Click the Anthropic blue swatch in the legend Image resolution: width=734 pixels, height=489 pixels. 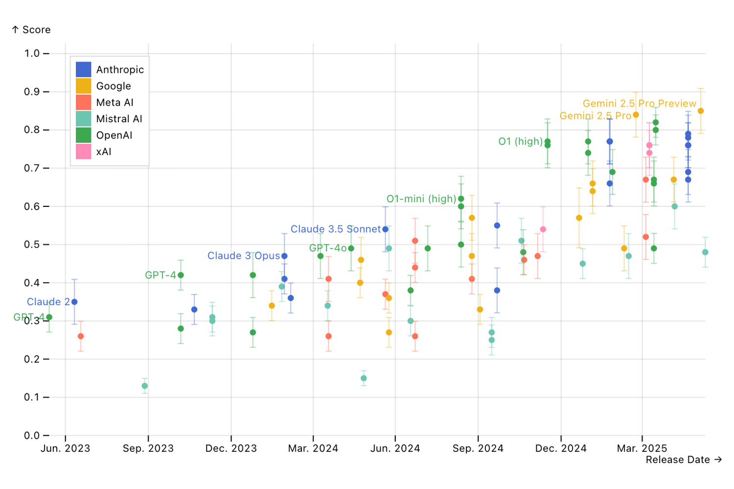tap(83, 69)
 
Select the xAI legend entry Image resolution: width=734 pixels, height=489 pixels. tap(103, 152)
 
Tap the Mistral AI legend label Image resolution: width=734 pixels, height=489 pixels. tap(119, 119)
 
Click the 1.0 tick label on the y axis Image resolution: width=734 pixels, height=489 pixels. tap(32, 53)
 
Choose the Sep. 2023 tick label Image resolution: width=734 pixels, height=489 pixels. tap(148, 448)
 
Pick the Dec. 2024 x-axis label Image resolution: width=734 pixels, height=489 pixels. tap(561, 448)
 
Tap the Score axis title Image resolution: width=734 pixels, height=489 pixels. tap(31, 30)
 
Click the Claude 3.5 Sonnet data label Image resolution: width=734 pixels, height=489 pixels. tap(335, 229)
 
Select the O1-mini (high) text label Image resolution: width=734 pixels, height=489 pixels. tap(421, 199)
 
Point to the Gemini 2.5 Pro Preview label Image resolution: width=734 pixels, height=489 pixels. tap(639, 104)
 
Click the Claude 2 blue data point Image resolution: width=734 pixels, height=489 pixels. tap(74, 302)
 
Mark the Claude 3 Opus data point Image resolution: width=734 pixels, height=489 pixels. tap(284, 256)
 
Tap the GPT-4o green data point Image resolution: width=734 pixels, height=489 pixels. tap(351, 248)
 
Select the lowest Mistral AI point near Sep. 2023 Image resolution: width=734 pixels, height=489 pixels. tap(145, 386)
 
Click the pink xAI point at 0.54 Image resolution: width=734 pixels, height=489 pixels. tap(543, 229)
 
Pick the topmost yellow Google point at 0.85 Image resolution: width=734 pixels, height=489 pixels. tap(701, 111)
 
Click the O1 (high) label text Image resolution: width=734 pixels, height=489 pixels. tap(520, 142)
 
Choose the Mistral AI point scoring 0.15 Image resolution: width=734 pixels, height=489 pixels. tap(364, 378)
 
